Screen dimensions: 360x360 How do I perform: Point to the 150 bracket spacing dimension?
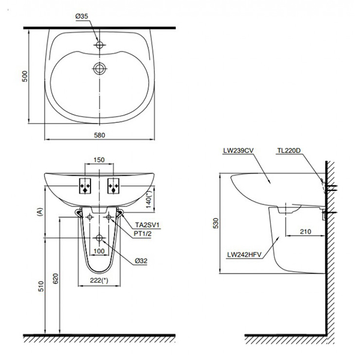click(100, 161)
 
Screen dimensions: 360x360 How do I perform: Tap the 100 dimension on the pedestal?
click(100, 250)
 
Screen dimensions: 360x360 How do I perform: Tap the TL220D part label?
click(290, 152)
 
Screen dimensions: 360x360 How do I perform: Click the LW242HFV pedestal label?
click(244, 254)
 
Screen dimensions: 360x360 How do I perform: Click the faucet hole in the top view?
click(100, 44)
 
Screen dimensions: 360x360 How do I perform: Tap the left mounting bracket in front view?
click(85, 187)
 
